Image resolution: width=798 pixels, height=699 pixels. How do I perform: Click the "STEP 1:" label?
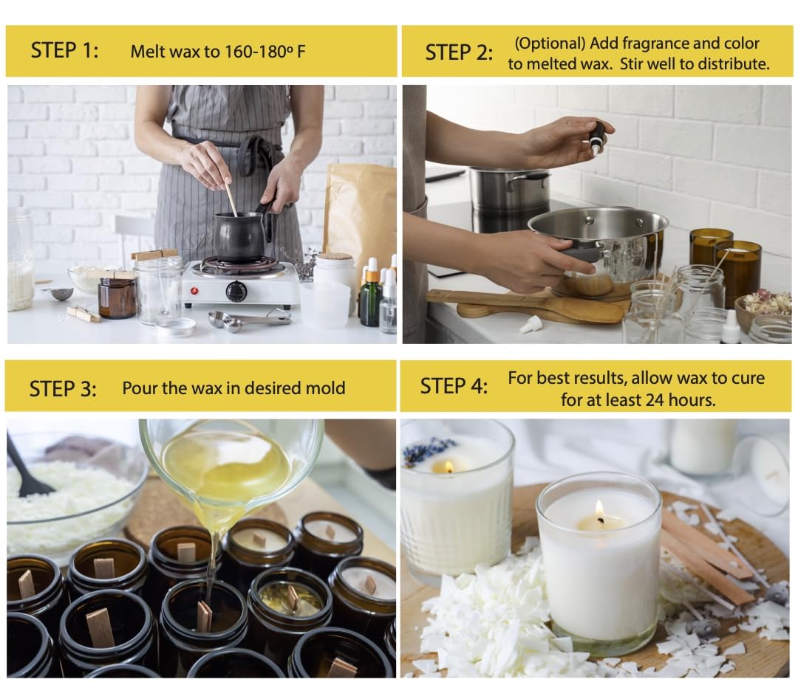tap(64, 51)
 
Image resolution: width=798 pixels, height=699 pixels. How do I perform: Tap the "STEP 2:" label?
tap(459, 53)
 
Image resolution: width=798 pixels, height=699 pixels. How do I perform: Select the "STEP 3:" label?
tap(63, 389)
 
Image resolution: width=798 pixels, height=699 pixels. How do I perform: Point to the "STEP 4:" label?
tap(454, 386)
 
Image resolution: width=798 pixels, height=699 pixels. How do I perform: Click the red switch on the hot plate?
tap(194, 291)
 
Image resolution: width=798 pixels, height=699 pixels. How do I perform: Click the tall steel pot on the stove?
tap(508, 189)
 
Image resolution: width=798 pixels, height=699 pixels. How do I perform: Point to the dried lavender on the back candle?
tap(426, 452)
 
